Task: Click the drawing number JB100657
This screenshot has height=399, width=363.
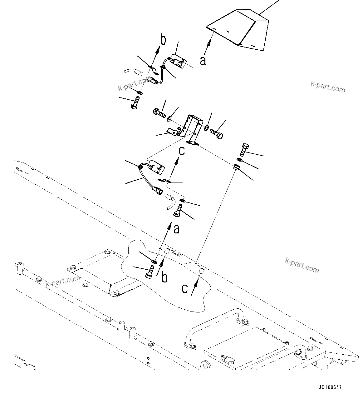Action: click(x=330, y=387)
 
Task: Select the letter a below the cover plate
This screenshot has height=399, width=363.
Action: click(x=203, y=60)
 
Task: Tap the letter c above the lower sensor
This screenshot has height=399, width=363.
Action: click(x=182, y=151)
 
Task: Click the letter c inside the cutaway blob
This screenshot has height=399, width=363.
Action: click(x=184, y=288)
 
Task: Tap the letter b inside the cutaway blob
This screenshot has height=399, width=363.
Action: click(x=164, y=277)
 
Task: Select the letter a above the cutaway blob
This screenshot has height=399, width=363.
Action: click(x=176, y=229)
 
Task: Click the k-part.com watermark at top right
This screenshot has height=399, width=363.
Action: click(x=328, y=86)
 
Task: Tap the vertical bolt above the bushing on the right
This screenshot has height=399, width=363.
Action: click(x=244, y=150)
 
